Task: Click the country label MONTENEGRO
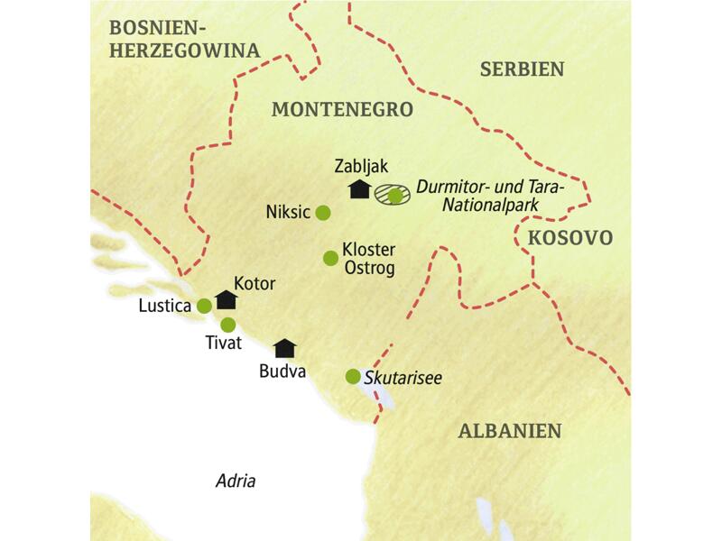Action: (341, 109)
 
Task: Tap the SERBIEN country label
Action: (522, 69)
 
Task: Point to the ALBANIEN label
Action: (510, 430)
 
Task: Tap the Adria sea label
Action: (236, 480)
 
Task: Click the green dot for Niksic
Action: (322, 213)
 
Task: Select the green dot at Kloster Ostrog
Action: (330, 259)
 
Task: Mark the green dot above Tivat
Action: (228, 325)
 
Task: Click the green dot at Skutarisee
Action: (353, 376)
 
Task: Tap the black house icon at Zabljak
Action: (359, 188)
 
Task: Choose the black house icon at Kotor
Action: (226, 299)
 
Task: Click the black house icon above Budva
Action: (285, 347)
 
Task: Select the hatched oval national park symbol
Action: (391, 193)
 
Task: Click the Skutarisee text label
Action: (403, 378)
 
